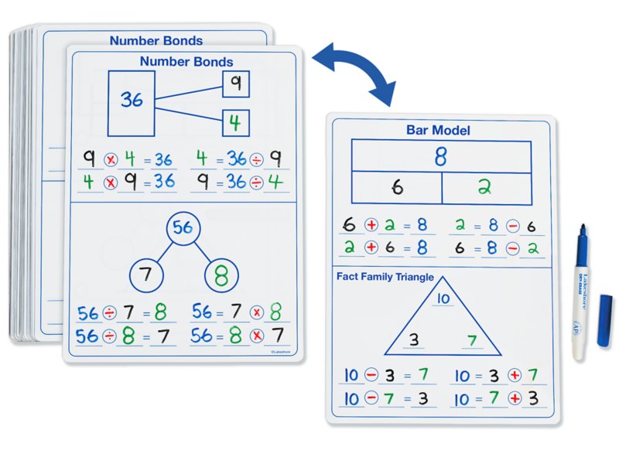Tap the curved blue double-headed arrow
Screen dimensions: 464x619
[x=354, y=72]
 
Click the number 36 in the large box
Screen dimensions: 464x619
[x=132, y=99]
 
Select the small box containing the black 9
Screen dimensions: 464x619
[x=236, y=84]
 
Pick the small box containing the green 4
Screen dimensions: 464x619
[x=236, y=123]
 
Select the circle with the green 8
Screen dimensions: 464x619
[x=221, y=275]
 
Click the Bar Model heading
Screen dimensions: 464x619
[x=438, y=131]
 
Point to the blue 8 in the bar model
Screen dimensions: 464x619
[x=440, y=156]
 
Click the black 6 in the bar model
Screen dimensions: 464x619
[x=397, y=187]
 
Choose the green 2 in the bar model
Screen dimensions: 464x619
[x=485, y=187]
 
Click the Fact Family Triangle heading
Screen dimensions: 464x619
[x=385, y=277]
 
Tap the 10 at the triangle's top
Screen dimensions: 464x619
[x=443, y=299]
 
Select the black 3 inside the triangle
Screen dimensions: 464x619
[x=414, y=339]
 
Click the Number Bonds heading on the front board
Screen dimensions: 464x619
[x=186, y=61]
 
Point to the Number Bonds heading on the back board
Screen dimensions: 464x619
[x=156, y=41]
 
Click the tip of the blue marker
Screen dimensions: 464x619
[x=581, y=228]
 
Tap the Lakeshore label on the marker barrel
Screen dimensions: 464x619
[x=582, y=282]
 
